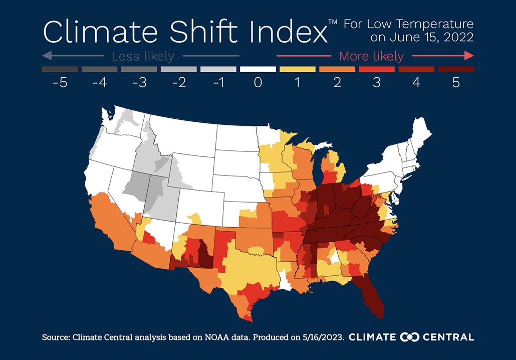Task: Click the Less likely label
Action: [143, 56]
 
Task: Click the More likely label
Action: [371, 56]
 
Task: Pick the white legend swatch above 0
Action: [258, 69]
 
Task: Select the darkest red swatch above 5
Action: [456, 69]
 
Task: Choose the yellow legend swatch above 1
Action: [298, 69]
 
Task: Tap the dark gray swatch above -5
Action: [60, 69]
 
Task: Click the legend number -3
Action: [139, 82]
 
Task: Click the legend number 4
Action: [416, 82]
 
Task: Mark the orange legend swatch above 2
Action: [337, 69]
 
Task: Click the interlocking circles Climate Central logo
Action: [409, 337]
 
